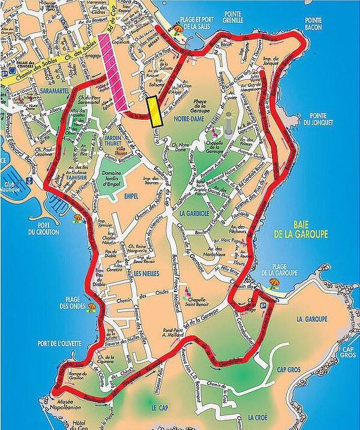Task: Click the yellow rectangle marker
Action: tap(156, 111)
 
